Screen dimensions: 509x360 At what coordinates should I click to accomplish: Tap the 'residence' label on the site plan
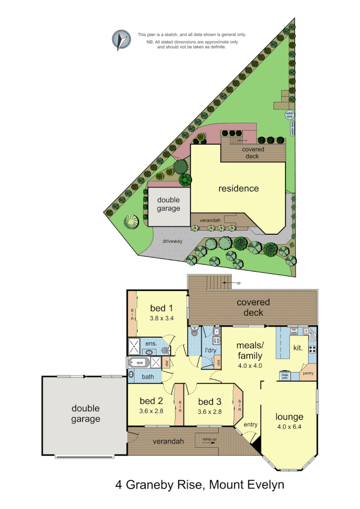coord(238,189)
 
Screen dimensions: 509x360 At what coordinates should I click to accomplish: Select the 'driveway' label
coord(172,241)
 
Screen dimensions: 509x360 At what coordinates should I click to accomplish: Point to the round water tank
coord(289,115)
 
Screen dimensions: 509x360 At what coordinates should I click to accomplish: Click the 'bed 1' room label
coord(161,308)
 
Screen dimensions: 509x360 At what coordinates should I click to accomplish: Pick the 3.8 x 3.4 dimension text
coord(161,318)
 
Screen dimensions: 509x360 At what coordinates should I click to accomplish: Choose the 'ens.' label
coord(151,344)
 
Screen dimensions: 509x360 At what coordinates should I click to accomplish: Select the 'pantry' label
coord(307,372)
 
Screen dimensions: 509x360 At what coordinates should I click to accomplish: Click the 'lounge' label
coord(289,417)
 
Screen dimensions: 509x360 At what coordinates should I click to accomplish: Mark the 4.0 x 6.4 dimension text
coord(289,427)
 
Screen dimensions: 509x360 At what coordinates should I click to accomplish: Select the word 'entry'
coord(250,424)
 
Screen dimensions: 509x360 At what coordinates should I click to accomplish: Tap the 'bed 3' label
coord(210,401)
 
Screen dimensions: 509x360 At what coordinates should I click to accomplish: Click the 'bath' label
coord(148,376)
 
